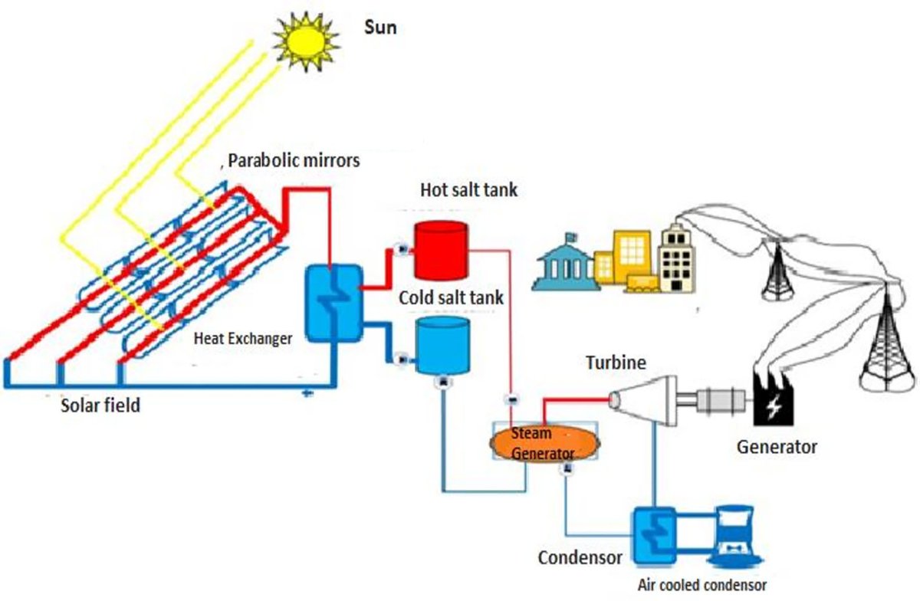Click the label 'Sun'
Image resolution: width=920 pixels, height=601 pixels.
click(380, 28)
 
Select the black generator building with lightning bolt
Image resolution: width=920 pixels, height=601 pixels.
click(775, 403)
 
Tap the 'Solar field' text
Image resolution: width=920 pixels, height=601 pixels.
click(100, 405)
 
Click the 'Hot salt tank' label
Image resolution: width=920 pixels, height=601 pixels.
click(468, 189)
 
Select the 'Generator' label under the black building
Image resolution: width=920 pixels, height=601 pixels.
click(777, 446)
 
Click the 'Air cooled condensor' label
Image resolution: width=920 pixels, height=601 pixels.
click(702, 584)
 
